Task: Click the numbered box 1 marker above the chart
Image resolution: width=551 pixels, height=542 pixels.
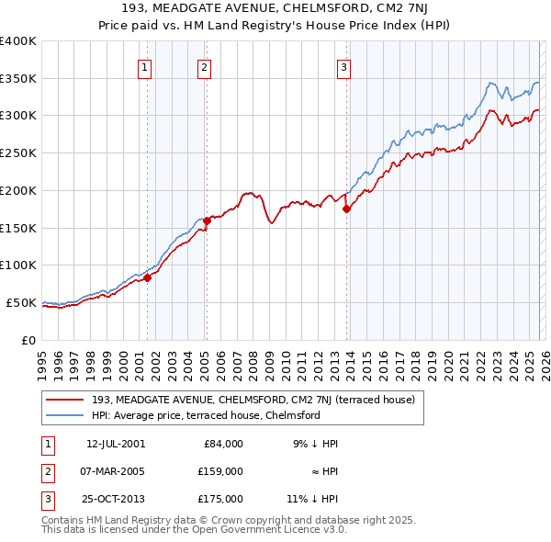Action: [x=145, y=66]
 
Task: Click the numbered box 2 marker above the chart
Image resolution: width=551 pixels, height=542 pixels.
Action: [x=204, y=66]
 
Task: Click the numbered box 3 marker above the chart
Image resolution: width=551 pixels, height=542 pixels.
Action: [x=343, y=66]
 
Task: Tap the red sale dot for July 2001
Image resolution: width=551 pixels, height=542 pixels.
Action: [x=147, y=277]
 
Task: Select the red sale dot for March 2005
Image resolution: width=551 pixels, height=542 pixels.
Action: [x=207, y=220]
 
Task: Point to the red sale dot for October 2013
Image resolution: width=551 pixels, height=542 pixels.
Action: [x=346, y=209]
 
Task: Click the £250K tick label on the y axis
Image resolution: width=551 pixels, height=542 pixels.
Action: [x=17, y=152]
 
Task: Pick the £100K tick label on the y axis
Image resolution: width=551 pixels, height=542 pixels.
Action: [x=17, y=265]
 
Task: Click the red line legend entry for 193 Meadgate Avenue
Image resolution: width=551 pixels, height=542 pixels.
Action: [x=253, y=400]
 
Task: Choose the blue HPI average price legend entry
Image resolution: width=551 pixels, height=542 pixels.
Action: [x=205, y=415]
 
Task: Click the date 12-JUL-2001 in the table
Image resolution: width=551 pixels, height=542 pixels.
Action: [x=115, y=444]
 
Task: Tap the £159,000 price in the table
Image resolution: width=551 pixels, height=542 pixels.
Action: [x=221, y=471]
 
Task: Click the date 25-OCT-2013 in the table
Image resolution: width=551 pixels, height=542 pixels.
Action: [x=115, y=499]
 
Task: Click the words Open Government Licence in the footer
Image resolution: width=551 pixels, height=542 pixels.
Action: [x=248, y=529]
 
